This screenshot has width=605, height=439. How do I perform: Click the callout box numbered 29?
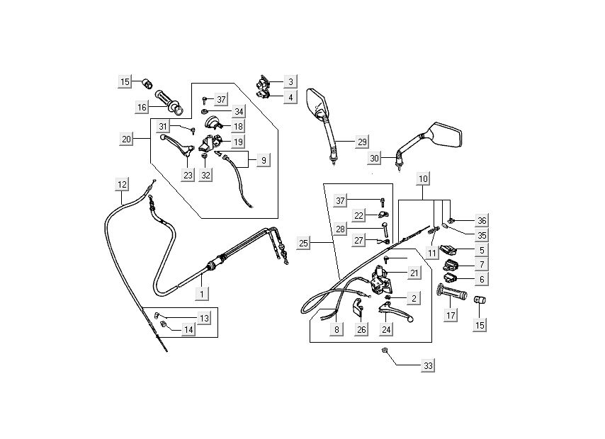point(362,142)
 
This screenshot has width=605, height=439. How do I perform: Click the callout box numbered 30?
point(375,157)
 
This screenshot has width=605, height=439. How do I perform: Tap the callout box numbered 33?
point(427,366)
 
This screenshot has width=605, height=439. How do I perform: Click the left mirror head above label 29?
point(315,102)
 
